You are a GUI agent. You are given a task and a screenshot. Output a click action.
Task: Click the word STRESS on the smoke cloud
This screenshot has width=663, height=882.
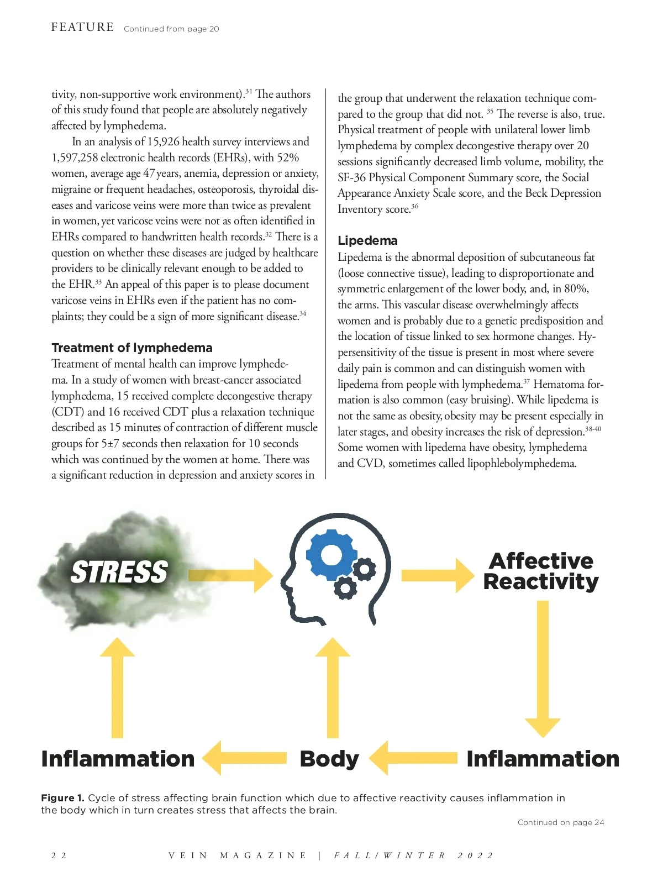[x=119, y=572]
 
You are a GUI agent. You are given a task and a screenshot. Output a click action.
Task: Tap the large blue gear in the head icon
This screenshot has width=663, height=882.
[x=331, y=555]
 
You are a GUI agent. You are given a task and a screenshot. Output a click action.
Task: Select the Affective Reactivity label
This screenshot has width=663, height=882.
[x=541, y=571]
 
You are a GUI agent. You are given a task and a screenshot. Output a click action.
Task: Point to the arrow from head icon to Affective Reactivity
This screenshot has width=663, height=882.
[x=437, y=575]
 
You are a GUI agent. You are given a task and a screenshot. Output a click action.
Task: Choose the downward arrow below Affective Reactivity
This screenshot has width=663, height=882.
[x=543, y=669]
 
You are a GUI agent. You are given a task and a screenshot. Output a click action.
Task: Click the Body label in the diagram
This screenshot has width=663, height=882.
[x=329, y=759]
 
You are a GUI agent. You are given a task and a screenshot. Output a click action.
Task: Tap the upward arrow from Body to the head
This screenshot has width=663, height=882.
[x=333, y=687]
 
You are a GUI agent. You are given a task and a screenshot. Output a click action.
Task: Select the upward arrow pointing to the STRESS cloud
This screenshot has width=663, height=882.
[x=117, y=687]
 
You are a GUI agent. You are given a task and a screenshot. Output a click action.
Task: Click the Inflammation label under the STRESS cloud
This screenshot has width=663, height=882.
[x=118, y=759]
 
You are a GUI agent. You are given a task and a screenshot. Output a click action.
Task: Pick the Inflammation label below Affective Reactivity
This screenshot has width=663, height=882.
[x=543, y=759]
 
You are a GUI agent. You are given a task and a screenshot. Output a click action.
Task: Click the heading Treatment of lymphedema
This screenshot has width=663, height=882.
[x=132, y=348]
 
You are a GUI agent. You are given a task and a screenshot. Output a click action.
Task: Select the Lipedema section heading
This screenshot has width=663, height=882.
[x=367, y=240]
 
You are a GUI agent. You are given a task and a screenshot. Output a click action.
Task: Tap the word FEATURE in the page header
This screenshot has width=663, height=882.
[x=82, y=27]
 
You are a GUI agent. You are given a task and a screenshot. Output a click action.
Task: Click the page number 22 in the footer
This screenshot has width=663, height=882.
[x=59, y=855]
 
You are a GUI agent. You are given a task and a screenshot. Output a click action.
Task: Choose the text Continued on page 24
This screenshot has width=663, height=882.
[x=561, y=822]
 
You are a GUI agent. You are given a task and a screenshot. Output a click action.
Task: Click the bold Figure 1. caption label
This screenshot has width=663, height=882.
[x=62, y=798]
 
